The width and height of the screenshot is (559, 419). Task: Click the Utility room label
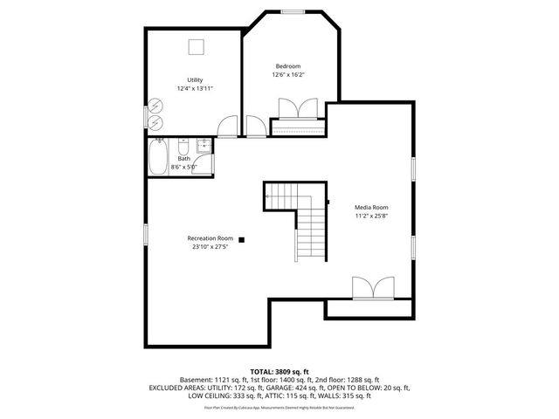coord(195,80)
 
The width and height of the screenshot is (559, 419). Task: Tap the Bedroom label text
coord(288,66)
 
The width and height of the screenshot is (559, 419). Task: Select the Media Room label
coord(370,207)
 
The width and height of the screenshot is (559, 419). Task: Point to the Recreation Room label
coord(210,238)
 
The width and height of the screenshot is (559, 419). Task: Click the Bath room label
coord(183,159)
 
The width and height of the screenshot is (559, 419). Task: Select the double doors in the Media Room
coord(373,288)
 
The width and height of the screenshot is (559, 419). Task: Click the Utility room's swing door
coord(227,127)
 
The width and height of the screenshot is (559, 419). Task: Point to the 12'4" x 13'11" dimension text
coord(195,89)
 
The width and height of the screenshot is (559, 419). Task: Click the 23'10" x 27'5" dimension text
coord(210,247)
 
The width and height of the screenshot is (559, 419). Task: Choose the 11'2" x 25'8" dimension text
coord(370,216)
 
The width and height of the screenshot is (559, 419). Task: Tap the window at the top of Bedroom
coord(293,11)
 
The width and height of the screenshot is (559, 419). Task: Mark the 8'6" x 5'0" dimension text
coord(183,167)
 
